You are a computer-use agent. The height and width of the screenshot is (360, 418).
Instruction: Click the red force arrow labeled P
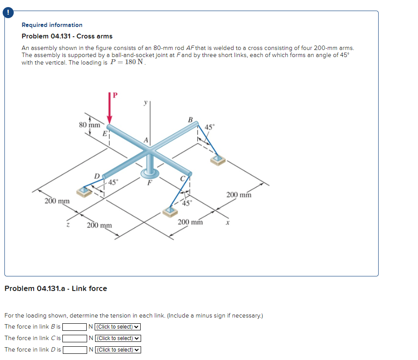click(x=110, y=111)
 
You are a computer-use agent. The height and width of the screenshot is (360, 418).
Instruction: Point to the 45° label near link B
click(x=210, y=127)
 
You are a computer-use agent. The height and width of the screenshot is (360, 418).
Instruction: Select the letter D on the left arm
click(x=96, y=176)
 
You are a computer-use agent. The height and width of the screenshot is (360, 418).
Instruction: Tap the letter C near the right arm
click(x=182, y=179)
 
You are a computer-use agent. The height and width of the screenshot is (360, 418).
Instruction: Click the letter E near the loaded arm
click(x=105, y=133)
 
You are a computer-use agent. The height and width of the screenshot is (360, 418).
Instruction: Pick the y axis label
click(x=144, y=102)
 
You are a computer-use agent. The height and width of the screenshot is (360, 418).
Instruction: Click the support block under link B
click(x=218, y=160)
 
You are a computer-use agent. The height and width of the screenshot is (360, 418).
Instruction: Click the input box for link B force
click(x=74, y=327)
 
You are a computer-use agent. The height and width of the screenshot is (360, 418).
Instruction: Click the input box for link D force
click(x=74, y=350)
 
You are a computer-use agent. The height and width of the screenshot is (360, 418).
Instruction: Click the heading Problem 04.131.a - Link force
click(x=56, y=288)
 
